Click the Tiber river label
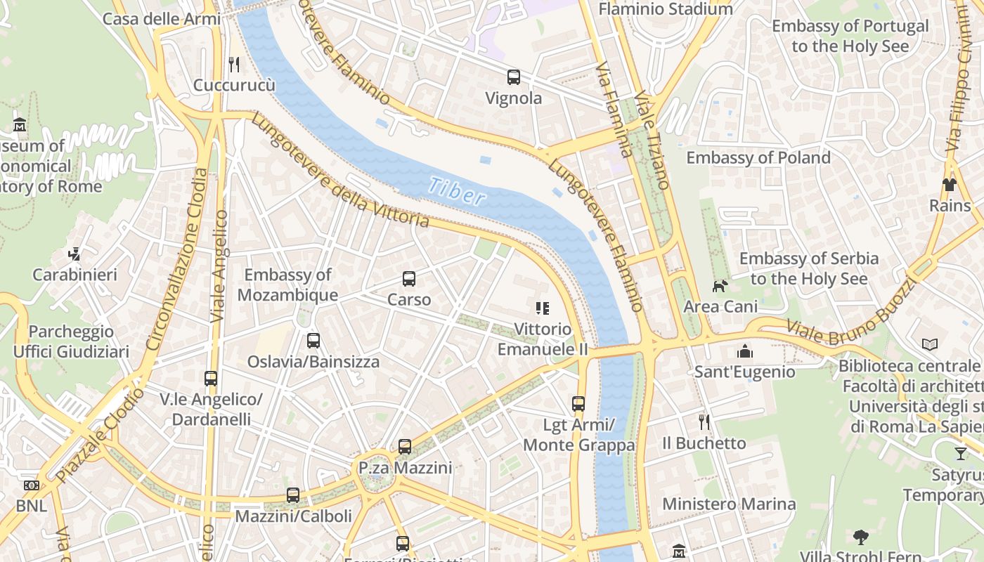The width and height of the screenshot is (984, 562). point(456,190)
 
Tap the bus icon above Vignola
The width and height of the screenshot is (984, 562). point(514,77)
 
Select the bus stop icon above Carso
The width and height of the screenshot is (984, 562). point(409,279)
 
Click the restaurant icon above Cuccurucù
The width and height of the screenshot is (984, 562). point(234,65)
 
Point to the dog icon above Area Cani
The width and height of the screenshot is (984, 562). point(720,286)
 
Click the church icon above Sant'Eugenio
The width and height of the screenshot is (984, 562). point(744,351)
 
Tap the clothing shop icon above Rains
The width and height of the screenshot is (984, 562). point(950,185)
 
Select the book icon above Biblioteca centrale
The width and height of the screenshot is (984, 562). point(930,344)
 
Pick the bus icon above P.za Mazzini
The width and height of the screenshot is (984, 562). point(405,447)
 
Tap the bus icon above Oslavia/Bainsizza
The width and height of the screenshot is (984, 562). point(313,341)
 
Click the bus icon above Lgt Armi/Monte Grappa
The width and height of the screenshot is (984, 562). point(578,404)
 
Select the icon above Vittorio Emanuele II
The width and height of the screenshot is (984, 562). point(542,308)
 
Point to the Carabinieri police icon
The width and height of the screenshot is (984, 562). point(75,254)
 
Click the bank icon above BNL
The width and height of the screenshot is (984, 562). point(31,485)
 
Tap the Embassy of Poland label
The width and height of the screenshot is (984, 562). point(758,157)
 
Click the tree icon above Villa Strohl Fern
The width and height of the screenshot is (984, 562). point(861,537)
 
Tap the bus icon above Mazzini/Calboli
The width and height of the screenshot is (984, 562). point(293,495)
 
